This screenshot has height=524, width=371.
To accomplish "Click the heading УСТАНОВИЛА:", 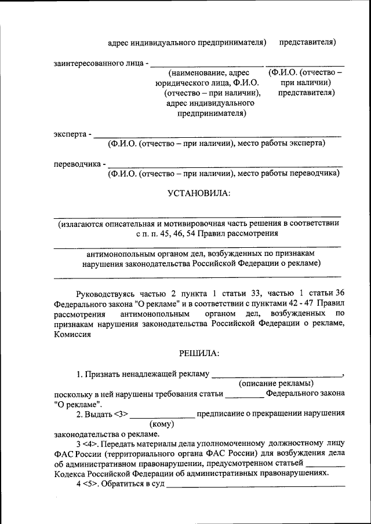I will point(199,193).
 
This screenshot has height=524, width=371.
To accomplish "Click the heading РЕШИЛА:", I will point(199,353).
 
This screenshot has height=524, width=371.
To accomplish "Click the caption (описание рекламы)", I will point(276,383).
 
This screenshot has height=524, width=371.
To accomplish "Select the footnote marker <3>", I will point(119,414).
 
